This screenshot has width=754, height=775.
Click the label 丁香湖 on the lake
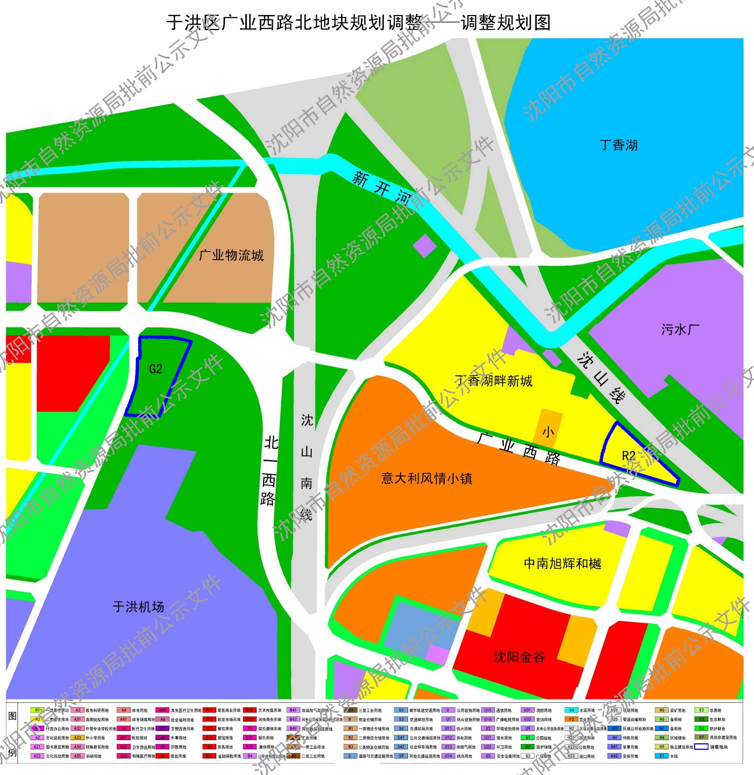point(618,145)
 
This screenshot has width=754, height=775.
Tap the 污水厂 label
point(680,330)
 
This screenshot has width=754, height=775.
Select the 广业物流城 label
point(231,255)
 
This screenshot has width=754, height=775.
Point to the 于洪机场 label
point(138,606)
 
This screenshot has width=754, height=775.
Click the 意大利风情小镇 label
point(426,479)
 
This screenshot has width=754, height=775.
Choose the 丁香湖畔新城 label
point(494,381)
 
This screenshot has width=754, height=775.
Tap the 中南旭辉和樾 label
point(562,563)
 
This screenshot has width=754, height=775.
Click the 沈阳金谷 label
point(519,657)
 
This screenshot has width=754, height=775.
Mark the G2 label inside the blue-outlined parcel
point(155,369)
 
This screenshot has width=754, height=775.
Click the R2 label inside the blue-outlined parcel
point(628,456)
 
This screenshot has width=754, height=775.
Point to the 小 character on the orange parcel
point(548,432)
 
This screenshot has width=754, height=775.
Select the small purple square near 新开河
point(424,246)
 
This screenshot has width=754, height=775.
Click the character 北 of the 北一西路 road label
point(271,442)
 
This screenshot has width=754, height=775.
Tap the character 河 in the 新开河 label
point(403,197)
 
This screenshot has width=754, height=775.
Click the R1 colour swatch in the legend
point(37,711)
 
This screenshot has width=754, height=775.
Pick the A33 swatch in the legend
point(77,738)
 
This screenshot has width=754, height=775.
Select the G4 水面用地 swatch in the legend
point(571,711)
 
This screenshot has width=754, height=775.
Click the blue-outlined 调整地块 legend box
point(701,747)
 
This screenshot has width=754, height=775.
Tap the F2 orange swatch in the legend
point(571,720)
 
